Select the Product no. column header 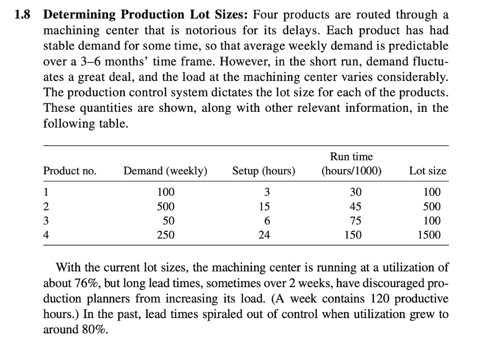tap(70, 171)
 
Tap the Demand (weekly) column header tap(165, 171)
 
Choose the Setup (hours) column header tap(264, 171)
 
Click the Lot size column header tap(427, 171)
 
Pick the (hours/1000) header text tap(351, 171)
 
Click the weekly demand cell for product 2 tap(166, 207)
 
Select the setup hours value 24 tap(267, 235)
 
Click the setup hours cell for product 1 tap(267, 193)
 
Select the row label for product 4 tap(46, 235)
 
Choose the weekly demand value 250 tap(166, 235)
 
